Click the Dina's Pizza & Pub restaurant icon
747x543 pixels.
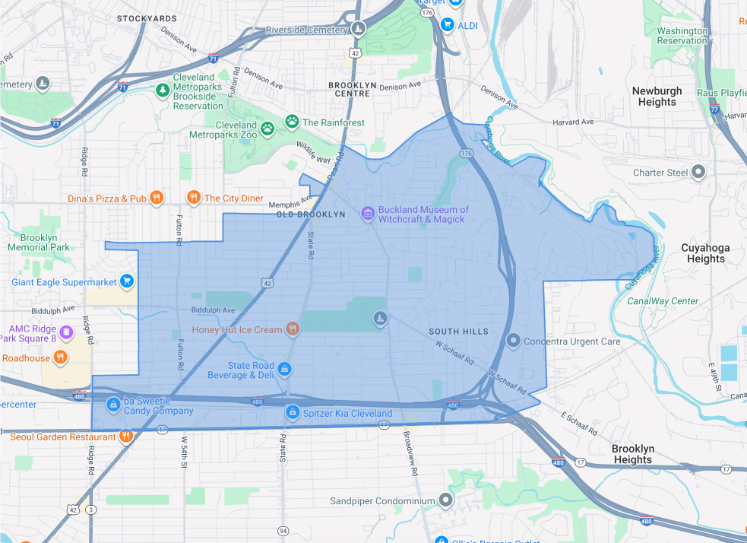156,198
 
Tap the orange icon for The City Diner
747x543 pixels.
194,198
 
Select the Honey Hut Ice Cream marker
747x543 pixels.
293,329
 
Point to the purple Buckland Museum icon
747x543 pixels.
368,214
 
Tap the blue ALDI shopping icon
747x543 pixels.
448,25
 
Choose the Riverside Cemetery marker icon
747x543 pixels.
359,30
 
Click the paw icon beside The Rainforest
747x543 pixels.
292,122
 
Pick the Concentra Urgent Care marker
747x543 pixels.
514,341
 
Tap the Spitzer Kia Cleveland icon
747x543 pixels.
292,413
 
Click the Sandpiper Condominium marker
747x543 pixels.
446,501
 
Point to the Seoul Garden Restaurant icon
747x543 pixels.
126,437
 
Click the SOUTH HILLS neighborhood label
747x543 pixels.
458,332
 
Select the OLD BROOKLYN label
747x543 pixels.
310,214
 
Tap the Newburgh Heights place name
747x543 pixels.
657,97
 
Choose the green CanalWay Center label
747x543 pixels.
663,301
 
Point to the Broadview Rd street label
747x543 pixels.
411,455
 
